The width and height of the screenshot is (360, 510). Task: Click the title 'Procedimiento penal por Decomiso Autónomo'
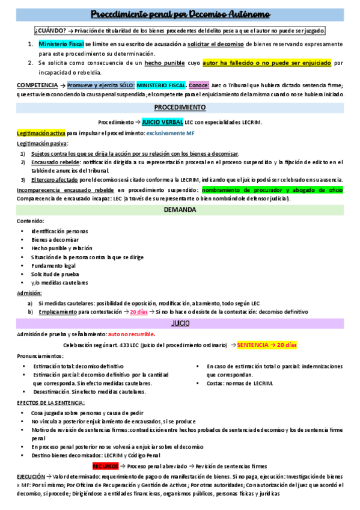[180, 14]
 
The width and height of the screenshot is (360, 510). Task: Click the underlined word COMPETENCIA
[37, 85]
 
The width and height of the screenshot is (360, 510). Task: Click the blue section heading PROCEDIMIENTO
[180, 108]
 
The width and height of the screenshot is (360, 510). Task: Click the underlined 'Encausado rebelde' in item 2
[55, 162]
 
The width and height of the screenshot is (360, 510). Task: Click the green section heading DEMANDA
[180, 210]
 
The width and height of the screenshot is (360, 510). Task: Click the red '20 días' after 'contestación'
[139, 312]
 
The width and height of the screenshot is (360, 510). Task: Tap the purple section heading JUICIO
[180, 324]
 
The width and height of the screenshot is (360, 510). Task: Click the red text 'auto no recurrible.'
[132, 334]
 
